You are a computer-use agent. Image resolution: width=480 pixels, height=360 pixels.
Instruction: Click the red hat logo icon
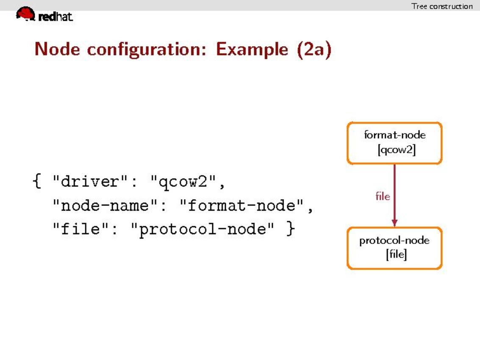pos(26,14)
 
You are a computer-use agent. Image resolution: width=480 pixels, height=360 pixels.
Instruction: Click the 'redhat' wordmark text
pos(55,16)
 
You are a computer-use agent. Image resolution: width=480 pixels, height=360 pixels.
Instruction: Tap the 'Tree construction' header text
pos(442,6)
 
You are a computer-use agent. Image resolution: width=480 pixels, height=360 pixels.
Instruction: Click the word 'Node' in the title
pos(57,49)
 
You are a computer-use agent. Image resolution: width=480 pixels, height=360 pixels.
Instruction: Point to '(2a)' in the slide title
pos(314,49)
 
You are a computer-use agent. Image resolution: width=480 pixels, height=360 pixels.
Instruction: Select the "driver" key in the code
pos(90,181)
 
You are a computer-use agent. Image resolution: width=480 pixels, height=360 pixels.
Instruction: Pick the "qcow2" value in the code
pos(183,182)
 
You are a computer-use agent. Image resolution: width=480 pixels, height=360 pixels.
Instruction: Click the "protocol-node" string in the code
pos(202,229)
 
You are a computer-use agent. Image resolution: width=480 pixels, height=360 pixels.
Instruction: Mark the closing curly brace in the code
pos(291,229)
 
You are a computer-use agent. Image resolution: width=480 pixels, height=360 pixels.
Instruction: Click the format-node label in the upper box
pos(394,135)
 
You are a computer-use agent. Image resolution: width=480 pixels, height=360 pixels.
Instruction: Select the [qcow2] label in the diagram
pos(397,150)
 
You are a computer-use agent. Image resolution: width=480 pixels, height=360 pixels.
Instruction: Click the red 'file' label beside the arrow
pos(383,196)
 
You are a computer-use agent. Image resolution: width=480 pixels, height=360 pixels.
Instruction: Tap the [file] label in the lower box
pos(397,254)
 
